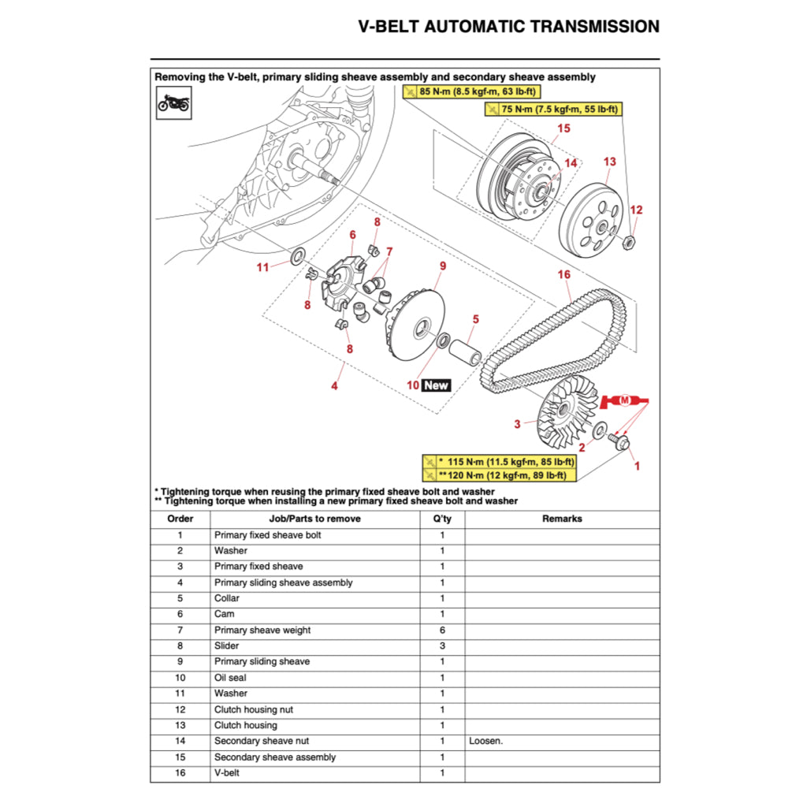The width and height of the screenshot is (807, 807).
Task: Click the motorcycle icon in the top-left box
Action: click(x=173, y=102)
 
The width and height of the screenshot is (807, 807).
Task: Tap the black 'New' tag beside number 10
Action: click(x=436, y=385)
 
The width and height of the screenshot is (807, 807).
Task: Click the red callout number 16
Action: click(x=563, y=275)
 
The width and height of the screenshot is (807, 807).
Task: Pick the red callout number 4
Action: click(x=334, y=386)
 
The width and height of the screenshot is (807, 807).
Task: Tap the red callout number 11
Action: click(x=262, y=267)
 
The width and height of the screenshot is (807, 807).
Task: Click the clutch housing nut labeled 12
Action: click(x=630, y=242)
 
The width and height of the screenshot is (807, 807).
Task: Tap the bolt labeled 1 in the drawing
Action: click(x=619, y=444)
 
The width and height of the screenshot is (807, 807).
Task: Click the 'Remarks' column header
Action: click(x=562, y=519)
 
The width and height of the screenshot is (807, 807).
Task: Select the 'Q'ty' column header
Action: click(x=442, y=519)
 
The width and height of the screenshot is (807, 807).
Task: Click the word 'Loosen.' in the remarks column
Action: click(x=485, y=741)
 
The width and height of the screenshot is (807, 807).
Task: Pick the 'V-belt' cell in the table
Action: click(x=227, y=772)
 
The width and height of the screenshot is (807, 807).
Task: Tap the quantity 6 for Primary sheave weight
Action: click(x=442, y=630)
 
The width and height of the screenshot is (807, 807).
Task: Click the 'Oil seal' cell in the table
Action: click(x=230, y=678)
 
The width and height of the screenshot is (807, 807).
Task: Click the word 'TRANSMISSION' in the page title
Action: click(x=595, y=26)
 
